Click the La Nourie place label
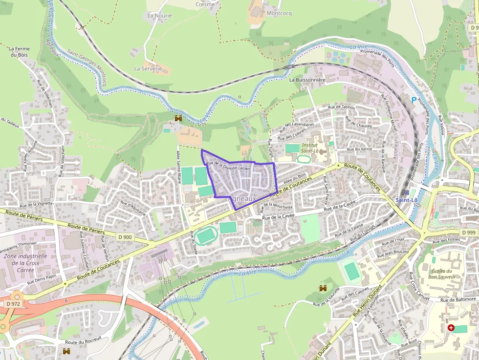(159, 16)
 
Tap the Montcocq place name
(279, 14)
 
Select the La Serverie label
(148, 69)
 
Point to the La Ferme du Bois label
(19, 52)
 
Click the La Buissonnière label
(307, 80)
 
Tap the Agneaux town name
(242, 199)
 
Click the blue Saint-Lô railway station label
(407, 200)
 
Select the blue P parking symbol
(414, 100)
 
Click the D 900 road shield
(125, 237)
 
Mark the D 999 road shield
(468, 232)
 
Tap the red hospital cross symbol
(451, 328)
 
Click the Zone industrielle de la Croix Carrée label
(26, 263)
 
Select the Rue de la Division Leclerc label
(229, 166)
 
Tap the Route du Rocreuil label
(83, 343)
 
